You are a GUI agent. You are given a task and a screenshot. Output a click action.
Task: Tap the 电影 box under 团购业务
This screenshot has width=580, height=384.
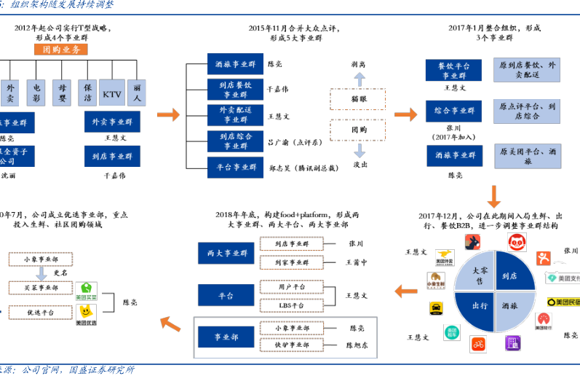(37, 93)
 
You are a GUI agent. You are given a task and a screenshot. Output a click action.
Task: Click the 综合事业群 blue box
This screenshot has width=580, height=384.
(455, 111)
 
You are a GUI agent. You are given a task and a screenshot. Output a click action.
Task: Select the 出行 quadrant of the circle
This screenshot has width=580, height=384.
(480, 305)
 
